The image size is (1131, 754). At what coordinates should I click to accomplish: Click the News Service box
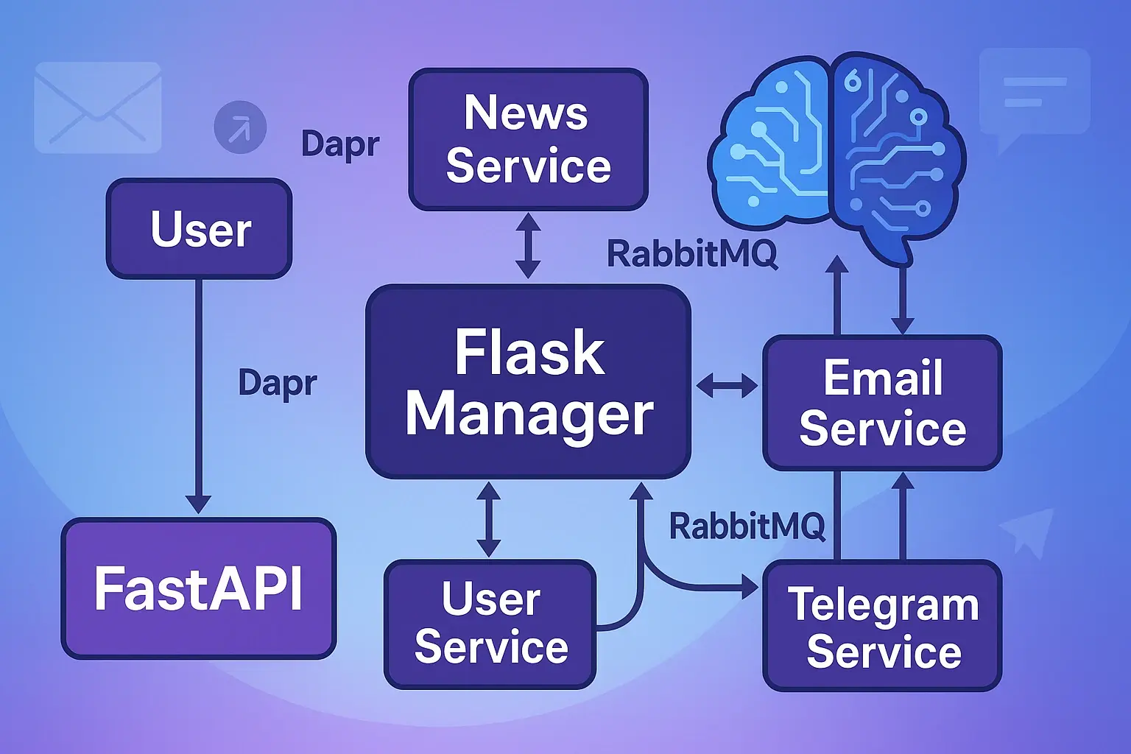[x=528, y=140]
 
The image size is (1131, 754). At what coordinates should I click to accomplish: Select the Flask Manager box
[x=528, y=381]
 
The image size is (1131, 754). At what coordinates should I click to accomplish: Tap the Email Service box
[x=882, y=403]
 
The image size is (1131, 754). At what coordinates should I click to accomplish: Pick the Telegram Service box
[x=882, y=626]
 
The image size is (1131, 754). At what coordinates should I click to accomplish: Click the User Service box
[x=490, y=624]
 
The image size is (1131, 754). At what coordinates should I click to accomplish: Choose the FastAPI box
[x=199, y=588]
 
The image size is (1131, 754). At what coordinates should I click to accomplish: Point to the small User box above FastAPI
[x=200, y=229]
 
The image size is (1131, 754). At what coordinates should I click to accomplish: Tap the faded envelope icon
[x=98, y=108]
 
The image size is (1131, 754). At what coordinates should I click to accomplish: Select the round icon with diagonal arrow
[x=239, y=128]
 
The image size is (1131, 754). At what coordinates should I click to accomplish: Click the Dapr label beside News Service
[x=340, y=144]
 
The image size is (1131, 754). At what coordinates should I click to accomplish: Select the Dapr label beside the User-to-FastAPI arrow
[x=278, y=383]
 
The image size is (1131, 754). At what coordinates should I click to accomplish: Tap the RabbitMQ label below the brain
[x=691, y=254]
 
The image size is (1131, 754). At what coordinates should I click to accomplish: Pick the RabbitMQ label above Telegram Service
[x=747, y=526]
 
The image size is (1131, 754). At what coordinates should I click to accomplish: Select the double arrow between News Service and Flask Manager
[x=528, y=246]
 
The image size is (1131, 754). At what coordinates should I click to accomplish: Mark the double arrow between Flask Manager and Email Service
[x=727, y=385]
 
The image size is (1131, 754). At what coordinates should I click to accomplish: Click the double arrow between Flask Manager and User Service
[x=488, y=519]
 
